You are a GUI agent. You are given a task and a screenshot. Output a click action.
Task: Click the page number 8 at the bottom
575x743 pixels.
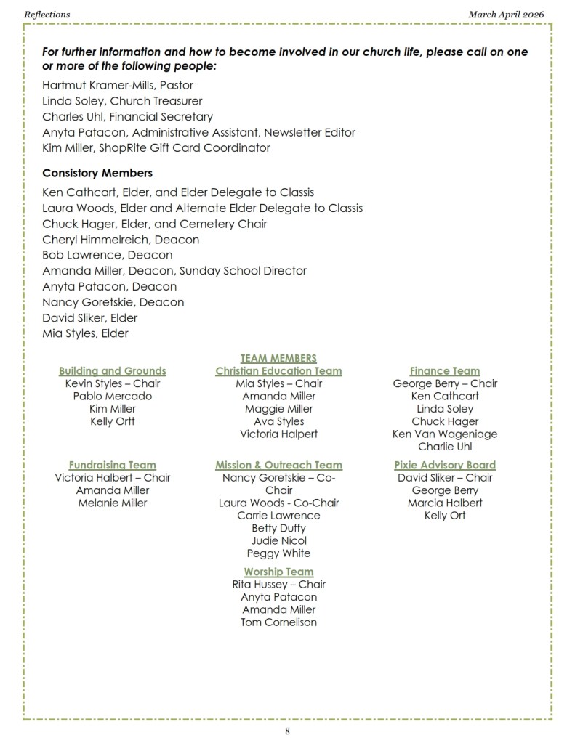click(287, 731)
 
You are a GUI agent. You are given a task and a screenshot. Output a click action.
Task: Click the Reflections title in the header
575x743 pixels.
click(47, 14)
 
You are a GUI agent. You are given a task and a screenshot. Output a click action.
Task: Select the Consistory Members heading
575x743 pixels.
click(97, 174)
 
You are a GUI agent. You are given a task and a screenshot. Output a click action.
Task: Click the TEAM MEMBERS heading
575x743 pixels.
click(278, 358)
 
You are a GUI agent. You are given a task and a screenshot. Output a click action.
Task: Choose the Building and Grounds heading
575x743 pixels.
click(113, 371)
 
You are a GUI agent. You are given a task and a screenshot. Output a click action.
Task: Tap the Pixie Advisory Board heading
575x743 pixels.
click(445, 465)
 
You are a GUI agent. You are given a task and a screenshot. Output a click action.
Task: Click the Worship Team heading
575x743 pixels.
click(278, 572)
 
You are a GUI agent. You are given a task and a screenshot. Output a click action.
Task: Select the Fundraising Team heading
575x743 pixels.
click(113, 465)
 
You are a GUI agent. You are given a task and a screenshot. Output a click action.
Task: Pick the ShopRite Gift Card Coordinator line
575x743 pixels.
click(156, 147)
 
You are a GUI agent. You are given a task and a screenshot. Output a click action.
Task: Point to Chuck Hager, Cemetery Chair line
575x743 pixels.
click(155, 224)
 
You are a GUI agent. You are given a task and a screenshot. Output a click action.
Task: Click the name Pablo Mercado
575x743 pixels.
click(113, 397)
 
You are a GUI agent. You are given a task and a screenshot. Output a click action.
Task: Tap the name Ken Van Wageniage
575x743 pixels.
click(445, 434)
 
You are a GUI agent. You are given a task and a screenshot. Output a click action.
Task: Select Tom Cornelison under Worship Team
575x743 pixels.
click(278, 622)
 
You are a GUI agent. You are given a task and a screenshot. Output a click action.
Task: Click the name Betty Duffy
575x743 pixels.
click(278, 528)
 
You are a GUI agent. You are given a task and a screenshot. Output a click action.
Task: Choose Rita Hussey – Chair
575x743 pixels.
click(278, 584)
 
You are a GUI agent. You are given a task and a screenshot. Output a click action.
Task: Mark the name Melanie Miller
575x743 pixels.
click(113, 503)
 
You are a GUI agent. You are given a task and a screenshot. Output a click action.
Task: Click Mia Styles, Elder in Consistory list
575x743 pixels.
click(85, 333)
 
